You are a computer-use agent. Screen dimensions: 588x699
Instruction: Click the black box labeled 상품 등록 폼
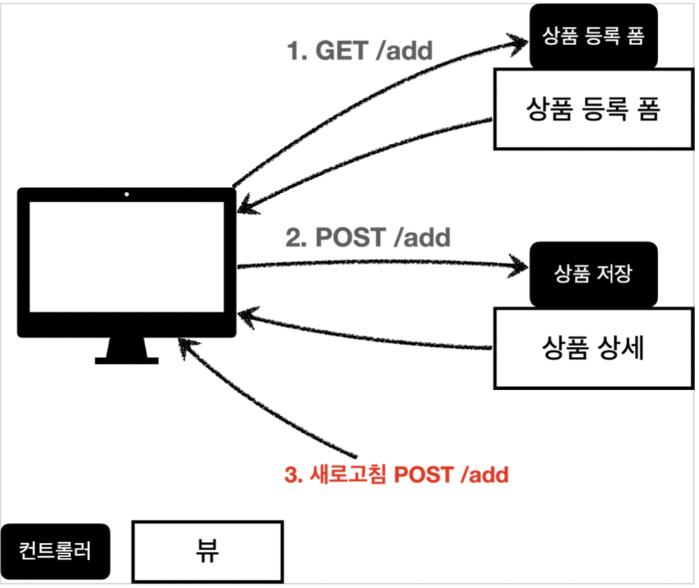tap(593, 37)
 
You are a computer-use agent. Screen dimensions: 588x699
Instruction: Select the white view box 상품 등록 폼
tap(593, 109)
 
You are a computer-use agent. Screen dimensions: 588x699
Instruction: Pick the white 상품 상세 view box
tap(593, 348)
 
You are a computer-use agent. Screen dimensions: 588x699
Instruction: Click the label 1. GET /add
tap(360, 51)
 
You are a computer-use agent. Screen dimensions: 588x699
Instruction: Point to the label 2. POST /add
tap(368, 237)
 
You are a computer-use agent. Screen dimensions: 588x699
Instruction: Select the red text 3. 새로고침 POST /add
tap(396, 474)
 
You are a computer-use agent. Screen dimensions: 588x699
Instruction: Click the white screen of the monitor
tap(125, 261)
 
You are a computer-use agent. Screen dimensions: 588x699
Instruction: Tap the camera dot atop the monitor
tap(126, 193)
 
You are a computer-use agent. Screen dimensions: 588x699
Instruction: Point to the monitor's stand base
tap(126, 360)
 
